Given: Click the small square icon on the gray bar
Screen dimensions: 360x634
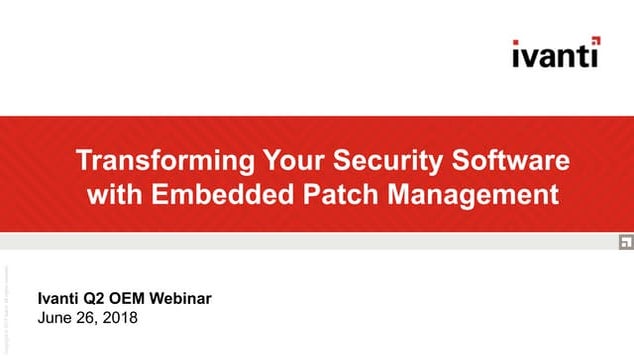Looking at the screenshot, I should point(622,241).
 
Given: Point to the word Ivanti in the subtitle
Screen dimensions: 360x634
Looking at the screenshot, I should point(59,299).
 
